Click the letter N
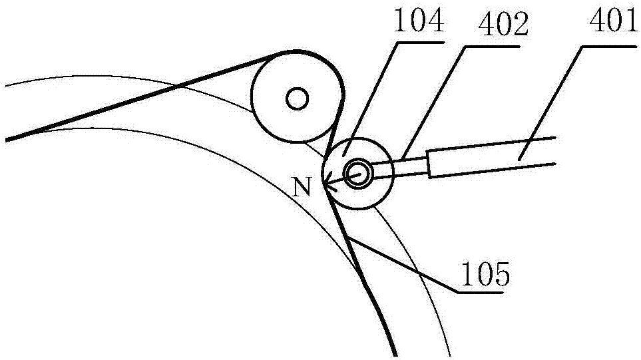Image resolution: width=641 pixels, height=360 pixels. (x=303, y=188)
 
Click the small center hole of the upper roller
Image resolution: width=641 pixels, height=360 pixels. (x=296, y=99)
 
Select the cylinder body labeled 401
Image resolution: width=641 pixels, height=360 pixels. (x=493, y=160)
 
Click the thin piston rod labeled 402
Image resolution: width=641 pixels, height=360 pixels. (x=406, y=166)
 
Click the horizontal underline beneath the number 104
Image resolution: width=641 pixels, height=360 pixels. (x=418, y=43)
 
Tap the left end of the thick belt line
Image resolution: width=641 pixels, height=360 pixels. (x=7, y=139)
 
